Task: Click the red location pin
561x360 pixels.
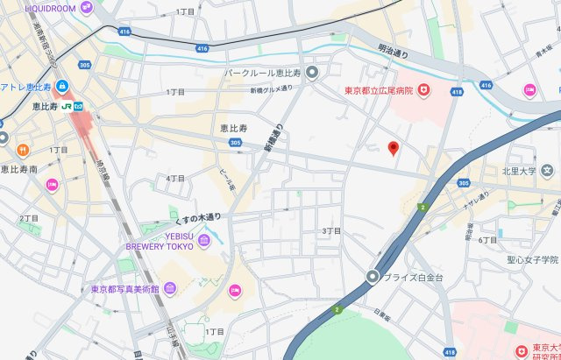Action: [394, 148]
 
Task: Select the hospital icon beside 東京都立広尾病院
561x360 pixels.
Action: [424, 90]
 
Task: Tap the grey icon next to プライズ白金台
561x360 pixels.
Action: [373, 278]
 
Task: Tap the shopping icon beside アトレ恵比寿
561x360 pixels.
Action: [62, 86]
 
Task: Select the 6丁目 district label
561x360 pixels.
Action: [487, 239]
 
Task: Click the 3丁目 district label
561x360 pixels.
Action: [331, 230]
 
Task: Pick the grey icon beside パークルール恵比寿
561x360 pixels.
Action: [312, 72]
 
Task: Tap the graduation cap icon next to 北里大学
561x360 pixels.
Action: [548, 170]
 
